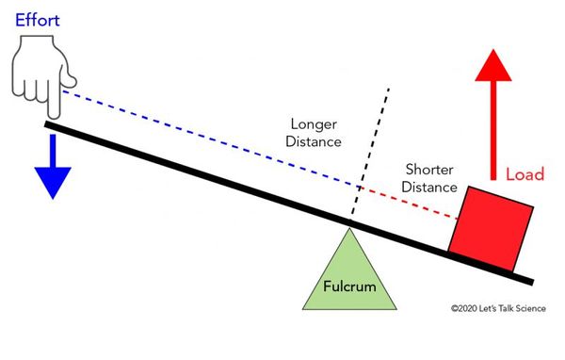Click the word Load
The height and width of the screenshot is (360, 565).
525,175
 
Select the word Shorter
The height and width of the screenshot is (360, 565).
428,170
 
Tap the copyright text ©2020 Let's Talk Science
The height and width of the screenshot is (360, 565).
497,307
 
